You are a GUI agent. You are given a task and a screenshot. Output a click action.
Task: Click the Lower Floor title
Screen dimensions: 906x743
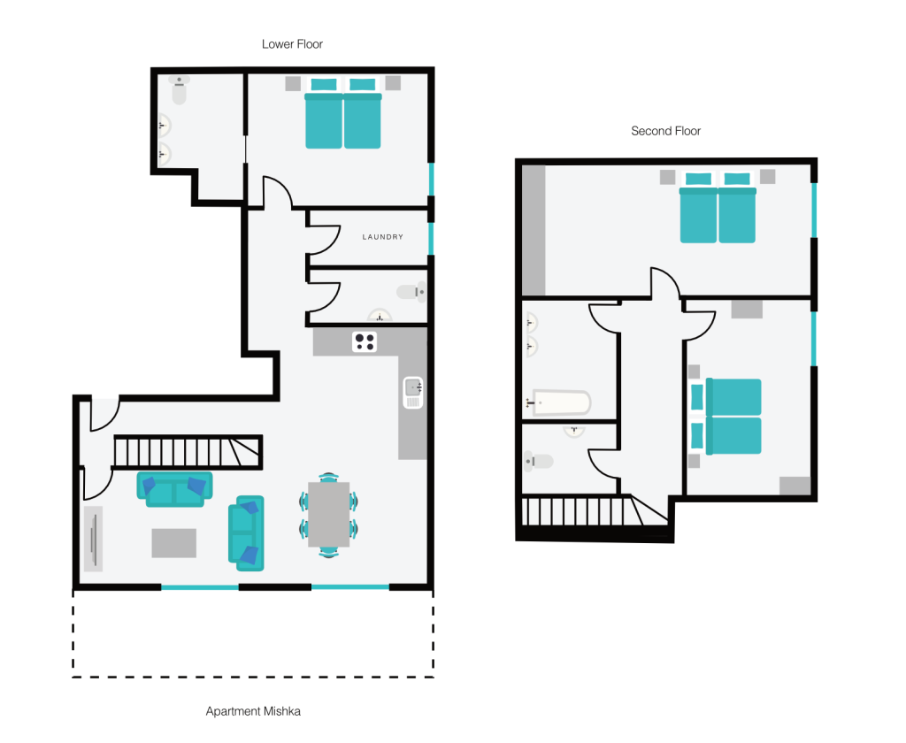[x=292, y=44]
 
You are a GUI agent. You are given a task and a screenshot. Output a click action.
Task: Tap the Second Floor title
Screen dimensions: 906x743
[x=665, y=131]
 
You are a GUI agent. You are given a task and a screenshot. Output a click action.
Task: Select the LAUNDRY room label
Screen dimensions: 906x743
[x=382, y=237]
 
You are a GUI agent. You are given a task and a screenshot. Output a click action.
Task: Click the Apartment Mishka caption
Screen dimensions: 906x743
[x=253, y=711]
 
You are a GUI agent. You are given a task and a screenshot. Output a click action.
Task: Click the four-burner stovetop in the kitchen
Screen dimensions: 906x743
[x=365, y=341]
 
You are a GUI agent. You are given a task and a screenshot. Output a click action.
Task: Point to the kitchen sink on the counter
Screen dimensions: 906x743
[x=413, y=393]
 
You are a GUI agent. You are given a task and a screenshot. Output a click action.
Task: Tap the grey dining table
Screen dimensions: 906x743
[x=329, y=514]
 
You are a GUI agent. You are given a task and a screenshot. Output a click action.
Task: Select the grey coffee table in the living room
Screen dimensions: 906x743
[x=174, y=543]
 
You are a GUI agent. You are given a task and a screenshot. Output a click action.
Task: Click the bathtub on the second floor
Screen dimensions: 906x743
[x=559, y=402]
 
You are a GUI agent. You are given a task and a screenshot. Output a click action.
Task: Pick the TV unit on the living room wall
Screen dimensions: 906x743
[x=94, y=539]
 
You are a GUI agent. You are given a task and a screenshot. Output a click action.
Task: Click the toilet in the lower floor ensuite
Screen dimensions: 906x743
[x=179, y=89]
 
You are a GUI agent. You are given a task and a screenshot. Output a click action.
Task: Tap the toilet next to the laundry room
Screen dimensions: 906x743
[x=411, y=293]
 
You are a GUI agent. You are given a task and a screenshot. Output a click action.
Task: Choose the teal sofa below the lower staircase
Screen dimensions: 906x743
[x=174, y=489]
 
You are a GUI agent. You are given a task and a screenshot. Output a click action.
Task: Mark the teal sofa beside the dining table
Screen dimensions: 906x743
[x=246, y=532]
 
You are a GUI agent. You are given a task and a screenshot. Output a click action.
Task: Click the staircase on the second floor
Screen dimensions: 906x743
[x=595, y=510]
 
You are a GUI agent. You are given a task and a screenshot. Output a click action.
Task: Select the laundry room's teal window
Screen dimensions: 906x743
[x=431, y=238]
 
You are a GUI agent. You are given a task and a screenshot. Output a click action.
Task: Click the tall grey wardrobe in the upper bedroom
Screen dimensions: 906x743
[x=534, y=231]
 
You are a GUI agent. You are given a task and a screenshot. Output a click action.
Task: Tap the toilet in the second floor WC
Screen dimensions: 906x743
[x=539, y=461]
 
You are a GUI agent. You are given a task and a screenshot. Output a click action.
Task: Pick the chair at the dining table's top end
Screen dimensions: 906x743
[x=329, y=478]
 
